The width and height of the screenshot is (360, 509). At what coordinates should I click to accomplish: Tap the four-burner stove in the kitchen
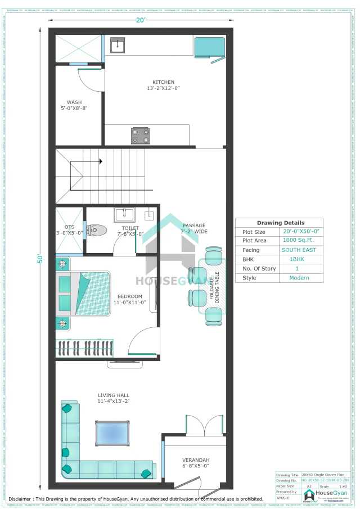click(x=141, y=136)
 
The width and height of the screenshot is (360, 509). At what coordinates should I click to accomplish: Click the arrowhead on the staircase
click(x=100, y=161)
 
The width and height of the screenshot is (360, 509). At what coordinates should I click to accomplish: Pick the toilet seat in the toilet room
click(x=97, y=229)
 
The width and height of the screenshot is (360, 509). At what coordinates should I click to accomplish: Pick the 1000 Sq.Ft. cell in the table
click(x=301, y=241)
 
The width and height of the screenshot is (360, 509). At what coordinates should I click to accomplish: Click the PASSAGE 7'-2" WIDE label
click(x=193, y=228)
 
